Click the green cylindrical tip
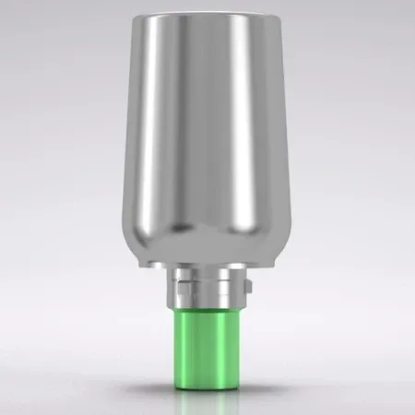click(x=207, y=341)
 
